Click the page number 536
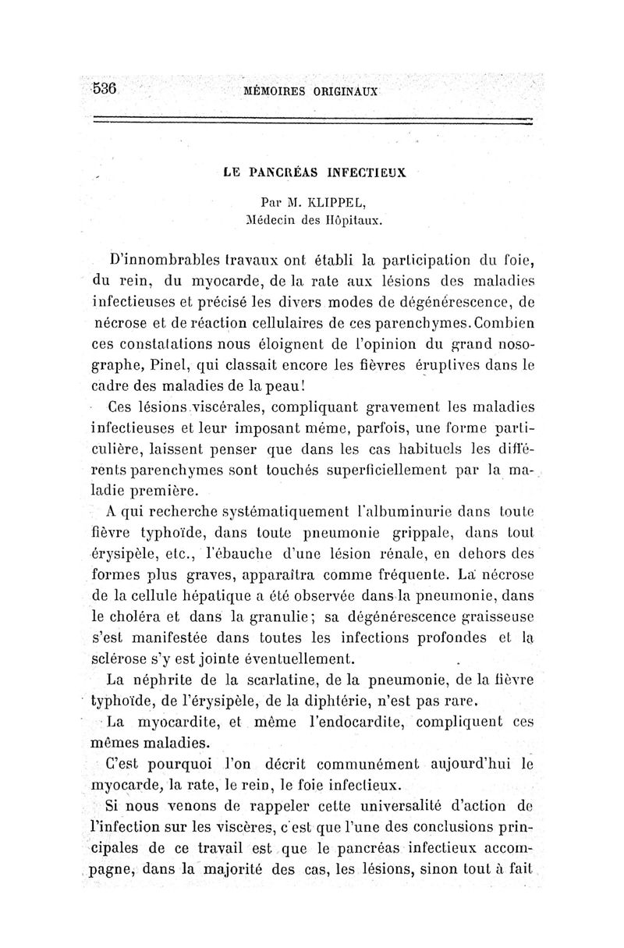(x=105, y=88)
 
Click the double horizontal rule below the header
(x=312, y=119)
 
